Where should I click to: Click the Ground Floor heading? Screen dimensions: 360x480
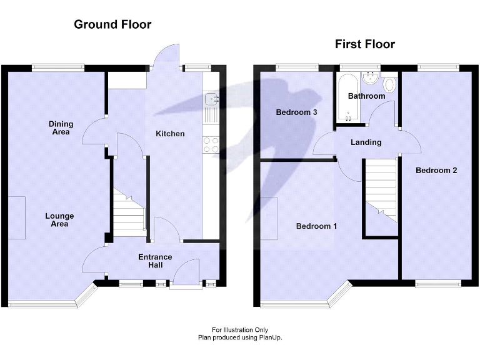tap(112, 25)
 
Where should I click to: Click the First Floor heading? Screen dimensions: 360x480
tap(365, 44)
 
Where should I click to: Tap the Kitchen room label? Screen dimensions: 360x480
tap(170, 134)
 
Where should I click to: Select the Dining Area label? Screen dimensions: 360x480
tap(60, 128)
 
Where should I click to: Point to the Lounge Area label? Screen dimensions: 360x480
tap(60, 220)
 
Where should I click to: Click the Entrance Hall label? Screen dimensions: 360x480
tap(155, 261)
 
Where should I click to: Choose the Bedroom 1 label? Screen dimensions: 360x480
tap(316, 226)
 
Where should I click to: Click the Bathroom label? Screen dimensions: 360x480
tap(366, 96)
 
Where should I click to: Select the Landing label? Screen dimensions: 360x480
tap(366, 142)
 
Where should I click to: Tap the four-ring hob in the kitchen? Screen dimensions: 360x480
tap(211, 145)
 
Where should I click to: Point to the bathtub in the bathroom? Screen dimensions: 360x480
tap(347, 98)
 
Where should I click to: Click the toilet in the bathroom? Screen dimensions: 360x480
tap(390, 84)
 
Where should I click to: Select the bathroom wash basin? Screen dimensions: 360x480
tap(371, 77)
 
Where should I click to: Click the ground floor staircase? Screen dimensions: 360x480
tap(128, 212)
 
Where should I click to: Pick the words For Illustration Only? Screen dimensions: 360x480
tap(240, 330)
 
